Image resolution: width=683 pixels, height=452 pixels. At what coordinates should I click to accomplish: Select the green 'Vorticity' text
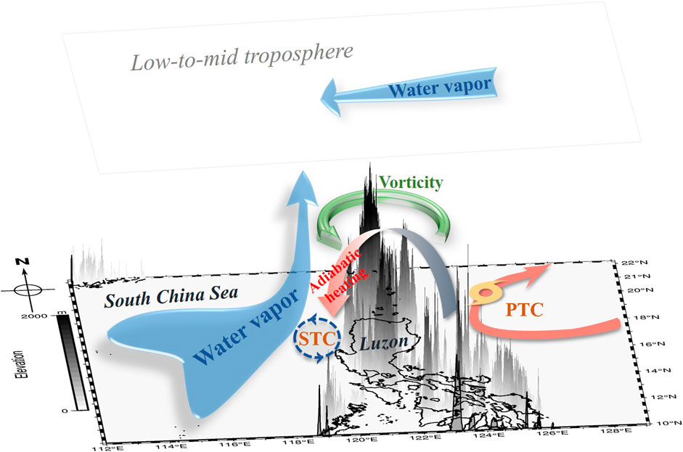pyautogui.click(x=409, y=183)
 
